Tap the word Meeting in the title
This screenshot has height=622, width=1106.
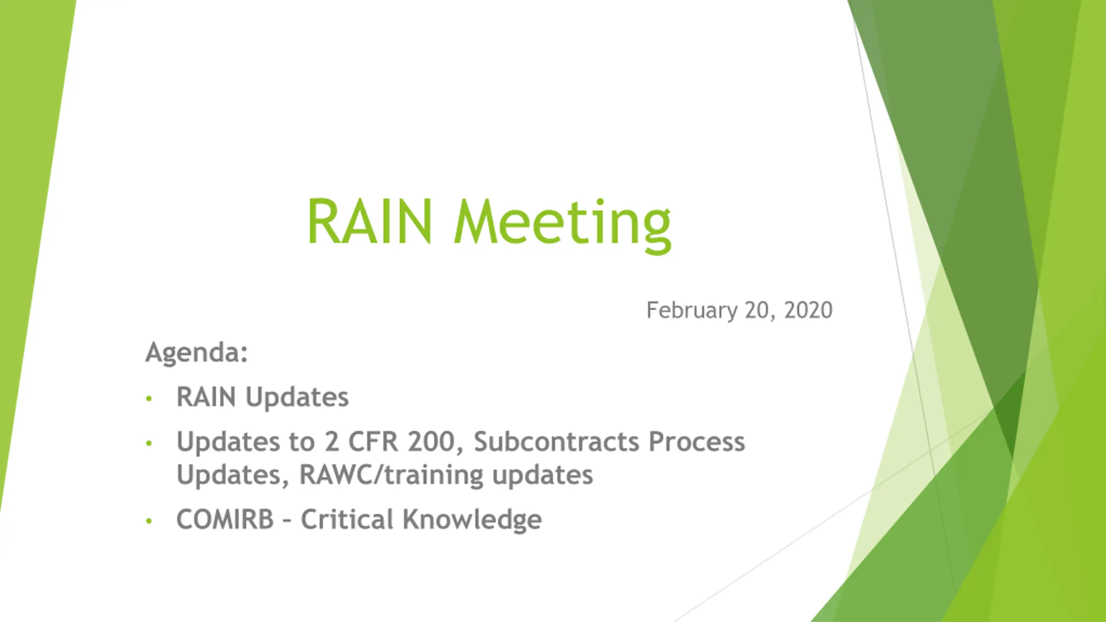pyautogui.click(x=563, y=225)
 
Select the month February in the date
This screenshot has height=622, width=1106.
pyautogui.click(x=692, y=311)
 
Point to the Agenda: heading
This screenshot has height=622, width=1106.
pyautogui.click(x=197, y=353)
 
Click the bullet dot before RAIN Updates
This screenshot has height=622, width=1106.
pyautogui.click(x=149, y=398)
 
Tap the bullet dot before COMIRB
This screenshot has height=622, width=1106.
pyautogui.click(x=149, y=521)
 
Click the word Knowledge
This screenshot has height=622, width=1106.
pyautogui.click(x=472, y=520)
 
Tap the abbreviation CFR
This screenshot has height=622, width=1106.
pyautogui.click(x=373, y=441)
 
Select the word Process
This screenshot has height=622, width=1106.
pyautogui.click(x=697, y=441)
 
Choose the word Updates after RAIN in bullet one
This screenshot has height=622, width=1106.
pyautogui.click(x=297, y=397)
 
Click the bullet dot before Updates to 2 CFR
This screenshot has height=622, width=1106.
pyautogui.click(x=149, y=443)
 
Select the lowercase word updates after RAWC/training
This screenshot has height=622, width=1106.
pyautogui.click(x=543, y=476)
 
